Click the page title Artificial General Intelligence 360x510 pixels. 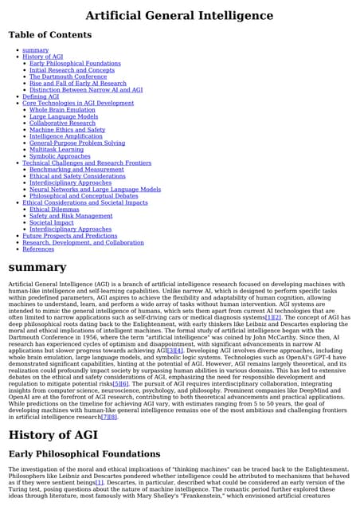pyautogui.click(x=179, y=15)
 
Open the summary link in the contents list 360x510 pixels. pyautogui.click(x=35, y=50)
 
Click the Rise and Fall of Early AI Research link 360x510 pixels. pyautogui.click(x=77, y=83)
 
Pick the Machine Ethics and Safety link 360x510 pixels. pyautogui.click(x=67, y=129)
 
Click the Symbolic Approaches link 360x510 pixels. pyautogui.click(x=60, y=156)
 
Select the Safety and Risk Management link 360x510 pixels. pyautogui.click(x=71, y=216)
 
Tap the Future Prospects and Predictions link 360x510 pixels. pyautogui.click(x=69, y=236)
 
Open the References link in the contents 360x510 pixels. pyautogui.click(x=38, y=249)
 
